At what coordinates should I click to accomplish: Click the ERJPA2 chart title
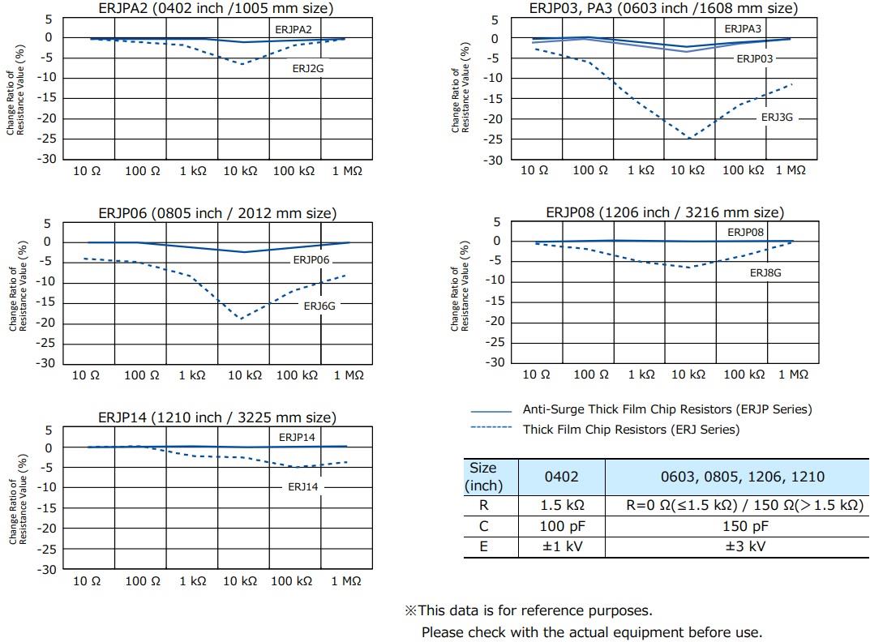point(216,8)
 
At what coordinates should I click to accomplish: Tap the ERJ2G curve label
point(308,69)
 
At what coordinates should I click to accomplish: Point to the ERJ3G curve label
point(777,118)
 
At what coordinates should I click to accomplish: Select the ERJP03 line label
point(754,58)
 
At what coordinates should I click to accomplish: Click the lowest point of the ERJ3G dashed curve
point(689,139)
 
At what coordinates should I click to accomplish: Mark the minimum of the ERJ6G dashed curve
point(241,319)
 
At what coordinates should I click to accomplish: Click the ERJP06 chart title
point(217,213)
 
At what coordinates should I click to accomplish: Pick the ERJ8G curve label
point(765,273)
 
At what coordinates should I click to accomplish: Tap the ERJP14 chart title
point(216,417)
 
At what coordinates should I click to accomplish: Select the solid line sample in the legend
point(491,411)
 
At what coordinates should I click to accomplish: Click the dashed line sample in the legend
point(491,428)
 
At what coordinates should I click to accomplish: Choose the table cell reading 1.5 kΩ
point(562,505)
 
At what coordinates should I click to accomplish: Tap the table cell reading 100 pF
point(562,526)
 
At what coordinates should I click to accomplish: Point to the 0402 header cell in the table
point(562,477)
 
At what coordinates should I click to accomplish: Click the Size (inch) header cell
point(483,477)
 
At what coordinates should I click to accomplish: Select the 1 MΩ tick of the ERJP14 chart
point(346,581)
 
